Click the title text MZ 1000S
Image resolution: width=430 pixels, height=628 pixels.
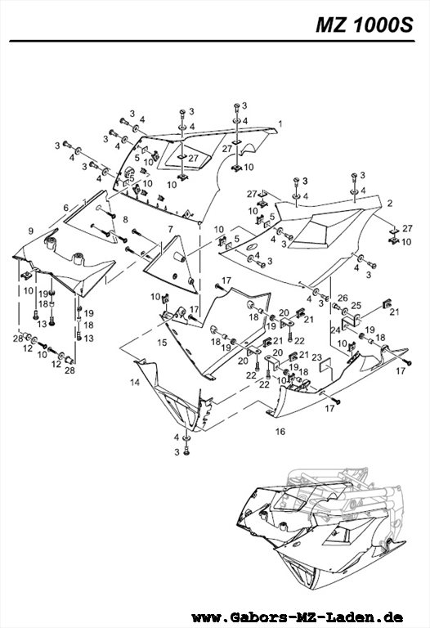pos(364,25)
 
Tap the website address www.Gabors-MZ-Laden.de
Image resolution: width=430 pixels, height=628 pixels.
pos(297,617)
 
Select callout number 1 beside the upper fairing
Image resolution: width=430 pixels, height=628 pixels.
pos(280,123)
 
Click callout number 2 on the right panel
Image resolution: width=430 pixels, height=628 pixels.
pos(390,204)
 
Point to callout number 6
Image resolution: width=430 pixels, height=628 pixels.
pos(66,208)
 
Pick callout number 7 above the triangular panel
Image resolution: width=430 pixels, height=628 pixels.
pos(171,229)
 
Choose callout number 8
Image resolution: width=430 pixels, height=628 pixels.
pos(125,219)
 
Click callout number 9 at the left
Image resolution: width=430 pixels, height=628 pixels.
pos(31,231)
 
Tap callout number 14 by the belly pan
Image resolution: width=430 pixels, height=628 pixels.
pos(135,383)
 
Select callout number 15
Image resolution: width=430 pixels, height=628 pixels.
pos(162,343)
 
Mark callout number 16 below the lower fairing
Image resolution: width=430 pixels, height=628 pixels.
pos(280,432)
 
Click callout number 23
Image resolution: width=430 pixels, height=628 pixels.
pos(316,357)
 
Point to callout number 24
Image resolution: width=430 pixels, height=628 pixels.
pos(334,330)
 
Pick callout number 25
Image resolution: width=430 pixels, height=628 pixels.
pos(356,306)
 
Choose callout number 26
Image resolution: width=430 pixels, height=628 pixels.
pos(343,298)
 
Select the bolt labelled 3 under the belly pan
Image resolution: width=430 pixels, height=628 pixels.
pos(186,451)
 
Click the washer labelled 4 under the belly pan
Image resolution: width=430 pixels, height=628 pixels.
pos(186,437)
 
